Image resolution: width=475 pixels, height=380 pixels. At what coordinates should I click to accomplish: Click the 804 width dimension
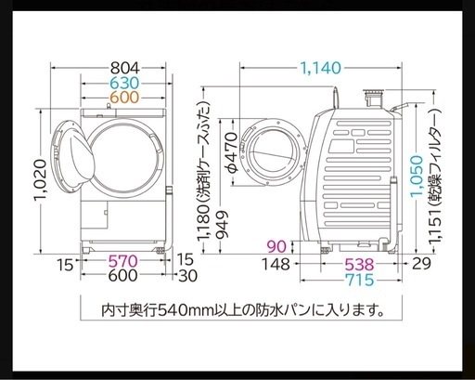coord(125,68)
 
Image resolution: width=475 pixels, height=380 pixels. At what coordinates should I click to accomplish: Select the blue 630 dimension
coord(125,83)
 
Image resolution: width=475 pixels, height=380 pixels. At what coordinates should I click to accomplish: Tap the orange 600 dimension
coord(125,98)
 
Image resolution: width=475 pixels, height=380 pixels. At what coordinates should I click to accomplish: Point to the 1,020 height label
coord(41,180)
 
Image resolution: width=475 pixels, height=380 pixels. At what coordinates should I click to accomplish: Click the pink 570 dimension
coord(122,261)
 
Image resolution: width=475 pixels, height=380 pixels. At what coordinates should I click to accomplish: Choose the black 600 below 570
coord(122,275)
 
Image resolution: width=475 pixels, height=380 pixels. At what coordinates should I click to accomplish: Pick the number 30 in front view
coord(187,276)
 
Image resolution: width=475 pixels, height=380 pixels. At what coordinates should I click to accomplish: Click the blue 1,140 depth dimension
coord(321,68)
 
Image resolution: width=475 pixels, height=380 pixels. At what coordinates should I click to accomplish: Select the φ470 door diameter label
coord(231,152)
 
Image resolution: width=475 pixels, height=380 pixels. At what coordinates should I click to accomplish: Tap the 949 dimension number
coord(223,225)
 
